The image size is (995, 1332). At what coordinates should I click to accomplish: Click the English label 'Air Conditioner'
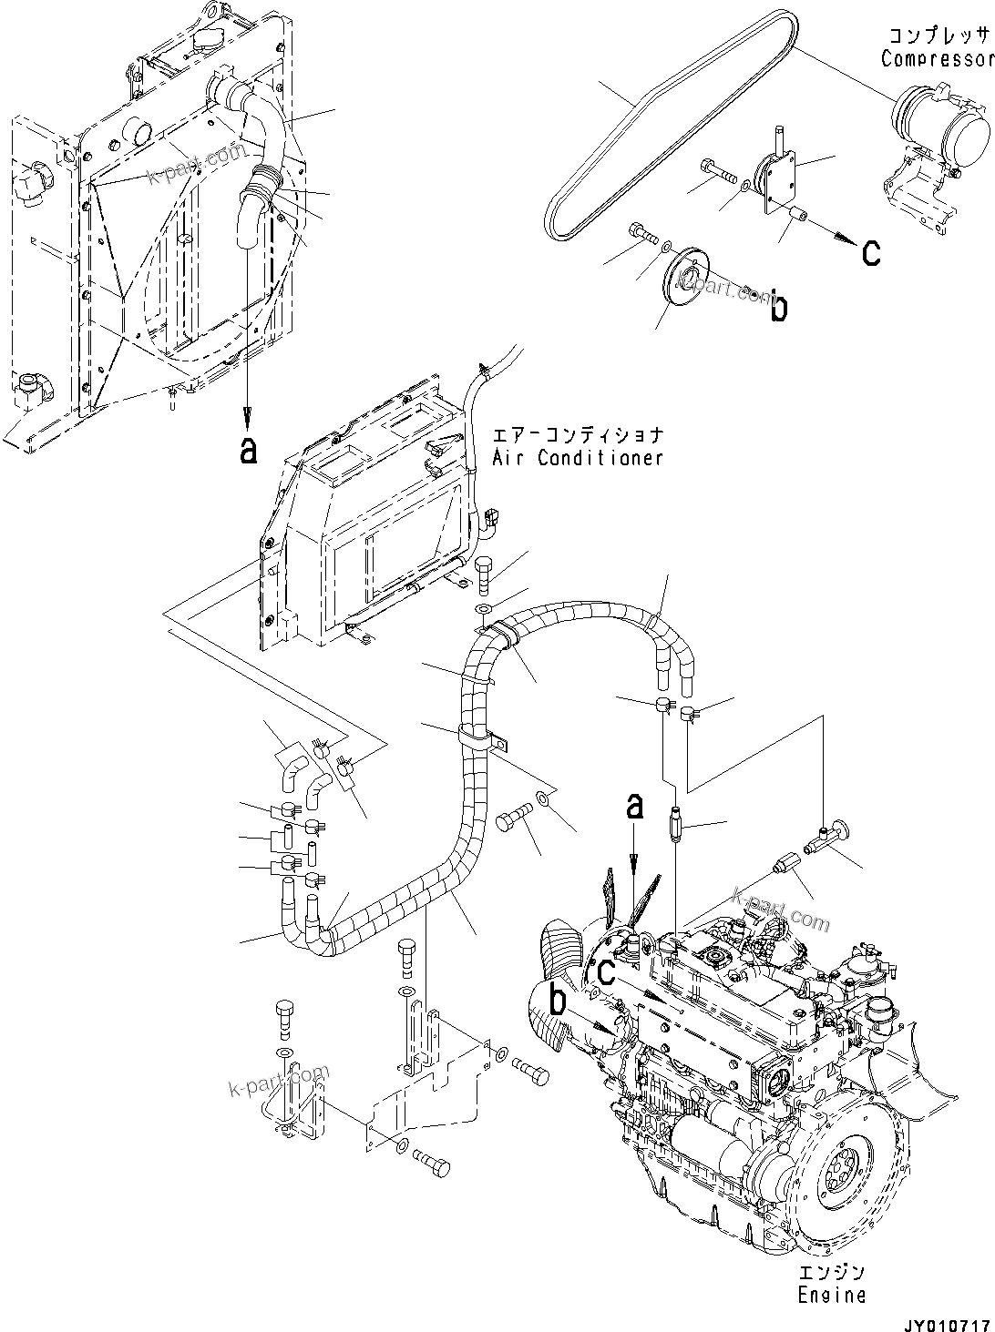coord(578,458)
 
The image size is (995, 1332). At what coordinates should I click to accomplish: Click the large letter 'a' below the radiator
coord(247,449)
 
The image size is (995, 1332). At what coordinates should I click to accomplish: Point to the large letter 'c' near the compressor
coord(871,252)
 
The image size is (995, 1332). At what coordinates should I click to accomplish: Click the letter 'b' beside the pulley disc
coord(778,308)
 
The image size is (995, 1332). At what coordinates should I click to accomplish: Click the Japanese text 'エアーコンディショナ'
coord(578,436)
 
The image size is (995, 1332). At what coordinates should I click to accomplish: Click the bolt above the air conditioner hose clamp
coord(484,572)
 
